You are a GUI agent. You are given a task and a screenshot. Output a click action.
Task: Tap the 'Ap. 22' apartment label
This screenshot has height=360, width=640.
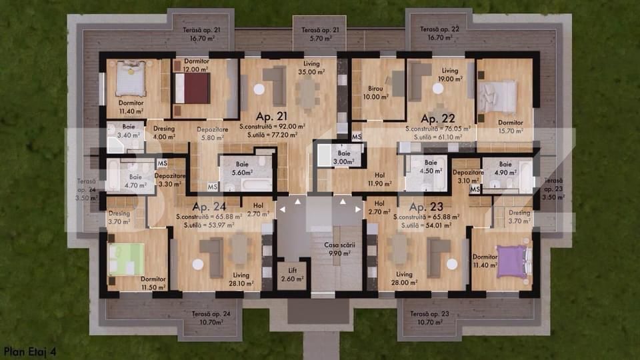point(437,119)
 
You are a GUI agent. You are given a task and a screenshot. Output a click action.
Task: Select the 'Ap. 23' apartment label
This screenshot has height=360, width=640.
point(426,207)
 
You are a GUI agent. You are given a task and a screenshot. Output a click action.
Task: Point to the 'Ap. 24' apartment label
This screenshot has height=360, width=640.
point(209,207)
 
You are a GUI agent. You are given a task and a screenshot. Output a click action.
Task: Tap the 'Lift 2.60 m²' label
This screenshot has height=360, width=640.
point(292,273)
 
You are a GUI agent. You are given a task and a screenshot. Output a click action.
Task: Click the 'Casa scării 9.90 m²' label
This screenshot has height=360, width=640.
point(337,249)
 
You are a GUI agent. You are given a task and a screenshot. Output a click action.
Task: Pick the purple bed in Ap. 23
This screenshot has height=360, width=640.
point(511,259)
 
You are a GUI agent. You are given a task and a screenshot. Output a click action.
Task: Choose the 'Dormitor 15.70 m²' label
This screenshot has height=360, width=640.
point(511,127)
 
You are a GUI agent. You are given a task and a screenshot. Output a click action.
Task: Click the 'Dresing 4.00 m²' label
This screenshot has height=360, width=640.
point(163,133)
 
